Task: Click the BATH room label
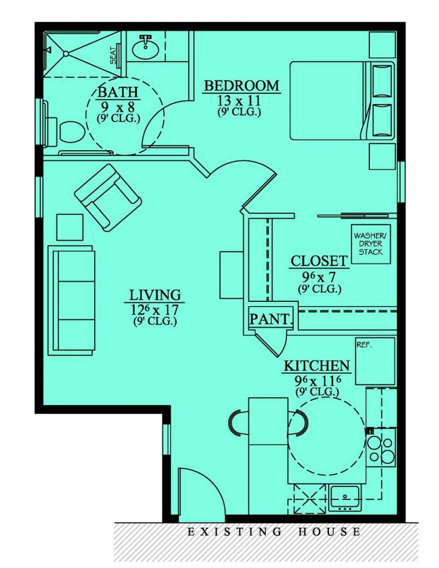[x=118, y=92]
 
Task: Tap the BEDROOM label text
[x=241, y=86]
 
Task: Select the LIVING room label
[x=155, y=295]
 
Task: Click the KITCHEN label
[x=316, y=366]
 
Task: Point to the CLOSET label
[x=319, y=261]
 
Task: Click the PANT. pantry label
[x=271, y=319]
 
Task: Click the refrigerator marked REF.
[x=375, y=361]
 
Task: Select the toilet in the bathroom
[x=68, y=130]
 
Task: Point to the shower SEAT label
[x=114, y=55]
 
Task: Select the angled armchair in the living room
[x=109, y=195]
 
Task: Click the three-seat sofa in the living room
[x=71, y=300]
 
